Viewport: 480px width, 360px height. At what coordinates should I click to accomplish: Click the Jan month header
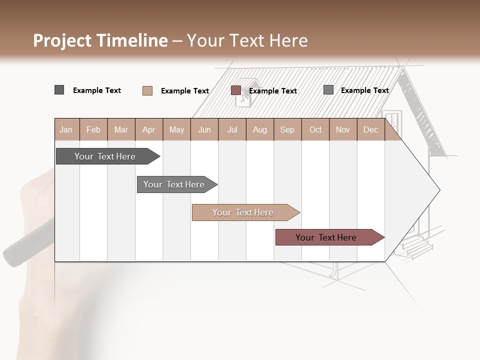pos(66,130)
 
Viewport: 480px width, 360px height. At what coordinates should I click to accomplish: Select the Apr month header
pos(149,130)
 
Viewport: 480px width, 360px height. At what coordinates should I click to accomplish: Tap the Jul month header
pos(232,130)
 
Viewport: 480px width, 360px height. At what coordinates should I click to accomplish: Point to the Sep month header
pos(287,130)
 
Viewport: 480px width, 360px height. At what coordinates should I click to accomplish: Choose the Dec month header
pos(370,130)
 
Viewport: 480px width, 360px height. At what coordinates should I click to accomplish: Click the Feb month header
pos(93,130)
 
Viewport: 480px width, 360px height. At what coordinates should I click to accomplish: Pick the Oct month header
pos(315,130)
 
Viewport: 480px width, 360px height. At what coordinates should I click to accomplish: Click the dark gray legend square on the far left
pos(59,90)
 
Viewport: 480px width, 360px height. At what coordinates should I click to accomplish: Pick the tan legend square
pos(147,90)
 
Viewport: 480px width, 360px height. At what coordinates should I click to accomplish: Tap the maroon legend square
pos(235,90)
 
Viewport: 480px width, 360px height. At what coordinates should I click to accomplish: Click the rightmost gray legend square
pos(328,90)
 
